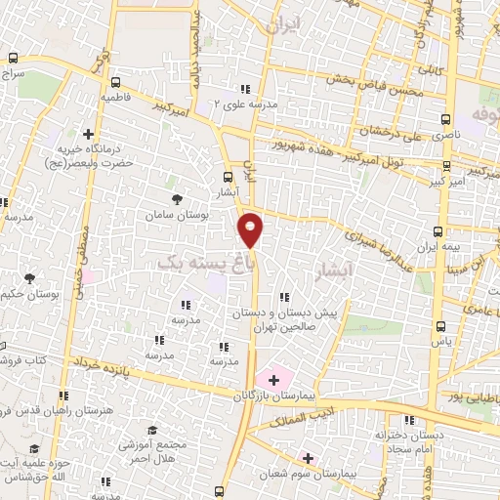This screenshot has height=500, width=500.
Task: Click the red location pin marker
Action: [251, 228]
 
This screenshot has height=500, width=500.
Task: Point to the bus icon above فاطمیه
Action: [117, 83]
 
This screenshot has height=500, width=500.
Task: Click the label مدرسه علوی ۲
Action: [246, 103]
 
